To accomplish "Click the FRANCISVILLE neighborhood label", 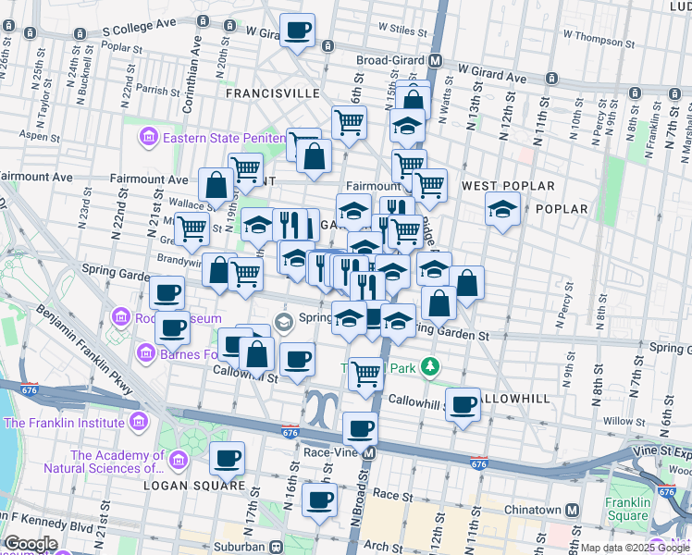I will pos(268,93).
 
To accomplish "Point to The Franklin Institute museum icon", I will pos(139,424).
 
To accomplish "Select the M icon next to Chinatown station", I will pos(573,510).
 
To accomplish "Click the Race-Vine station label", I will pos(330,453).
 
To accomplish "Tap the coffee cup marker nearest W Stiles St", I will pos(297,31).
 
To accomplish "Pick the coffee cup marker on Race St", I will pos(320,499).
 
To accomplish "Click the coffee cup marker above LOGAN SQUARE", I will pos(227,457).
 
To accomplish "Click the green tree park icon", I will pos(429,367).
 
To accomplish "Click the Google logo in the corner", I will pos(31,544).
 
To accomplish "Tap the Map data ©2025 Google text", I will pos(635,548).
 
